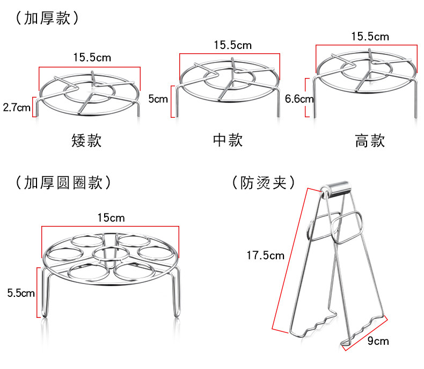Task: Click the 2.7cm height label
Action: point(17,107)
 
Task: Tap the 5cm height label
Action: point(158,99)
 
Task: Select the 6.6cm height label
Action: point(299,98)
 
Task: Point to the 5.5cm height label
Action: point(20,293)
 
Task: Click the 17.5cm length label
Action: point(265,256)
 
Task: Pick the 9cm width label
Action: point(378,341)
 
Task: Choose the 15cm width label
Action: point(111,218)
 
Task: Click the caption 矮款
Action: point(86,141)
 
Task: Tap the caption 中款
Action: point(228,140)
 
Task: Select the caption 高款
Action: point(370,141)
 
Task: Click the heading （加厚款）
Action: point(48,18)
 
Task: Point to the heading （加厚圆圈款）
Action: point(63,182)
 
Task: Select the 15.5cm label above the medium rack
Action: point(232,45)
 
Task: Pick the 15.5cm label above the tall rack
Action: point(370,37)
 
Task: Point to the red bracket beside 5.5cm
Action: point(38,293)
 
